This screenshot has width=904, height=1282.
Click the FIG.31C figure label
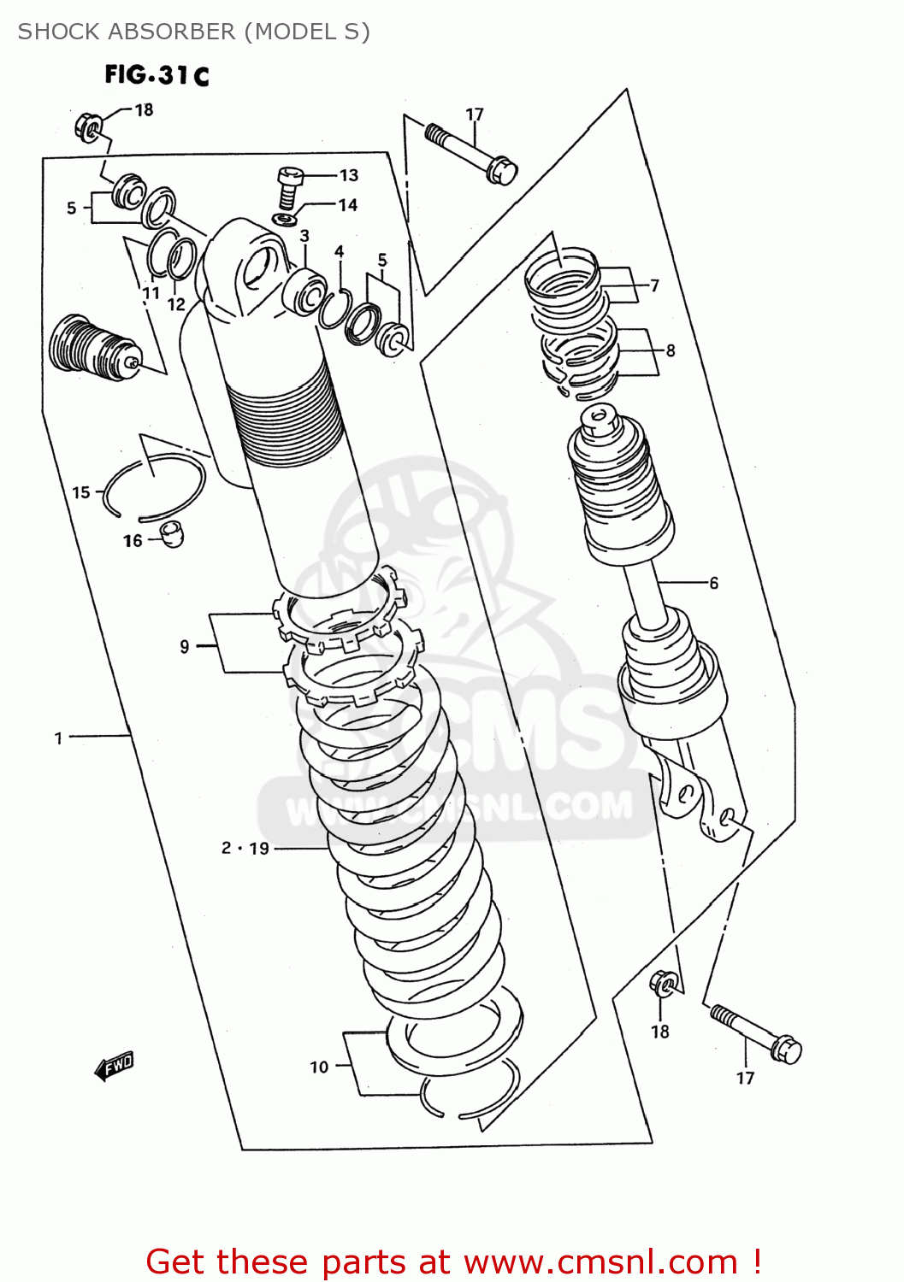pyautogui.click(x=157, y=75)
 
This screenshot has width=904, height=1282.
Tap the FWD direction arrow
pyautogui.click(x=114, y=1066)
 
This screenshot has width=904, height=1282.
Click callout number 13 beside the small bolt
pyautogui.click(x=349, y=175)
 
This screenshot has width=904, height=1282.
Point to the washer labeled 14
pyautogui.click(x=286, y=219)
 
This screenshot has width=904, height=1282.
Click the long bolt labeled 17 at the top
pyautogui.click(x=473, y=155)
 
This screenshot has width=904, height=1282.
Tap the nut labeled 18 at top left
pyautogui.click(x=89, y=126)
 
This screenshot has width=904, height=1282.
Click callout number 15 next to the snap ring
pyautogui.click(x=81, y=492)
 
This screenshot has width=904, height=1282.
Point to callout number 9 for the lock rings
pyautogui.click(x=185, y=647)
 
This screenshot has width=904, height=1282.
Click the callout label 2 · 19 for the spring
pyautogui.click(x=245, y=848)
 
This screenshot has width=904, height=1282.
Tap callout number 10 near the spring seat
pyautogui.click(x=319, y=1067)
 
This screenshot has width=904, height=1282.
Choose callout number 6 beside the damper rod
pyautogui.click(x=713, y=583)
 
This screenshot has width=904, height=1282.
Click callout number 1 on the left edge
pyautogui.click(x=58, y=738)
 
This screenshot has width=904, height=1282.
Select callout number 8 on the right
pyautogui.click(x=671, y=350)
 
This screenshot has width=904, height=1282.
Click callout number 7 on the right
pyautogui.click(x=654, y=285)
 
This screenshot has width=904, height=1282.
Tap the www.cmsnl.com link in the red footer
pyautogui.click(x=600, y=1261)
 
